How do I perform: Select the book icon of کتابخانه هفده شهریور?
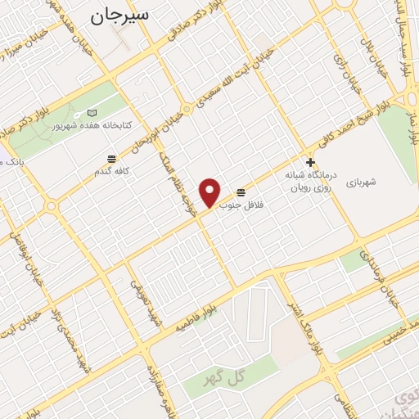pyautogui.click(x=92, y=112)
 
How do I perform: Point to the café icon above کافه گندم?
pyautogui.click(x=111, y=157)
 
